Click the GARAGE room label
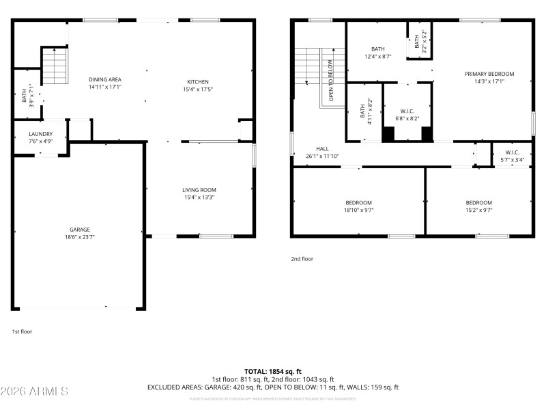click(x=79, y=230)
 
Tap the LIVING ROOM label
click(x=199, y=190)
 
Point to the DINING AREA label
click(x=104, y=80)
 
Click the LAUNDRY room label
click(x=41, y=134)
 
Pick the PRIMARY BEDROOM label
click(x=489, y=74)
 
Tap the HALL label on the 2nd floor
click(x=322, y=148)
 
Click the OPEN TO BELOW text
click(x=331, y=81)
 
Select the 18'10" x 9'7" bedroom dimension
click(x=358, y=210)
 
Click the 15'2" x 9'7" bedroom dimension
click(x=478, y=210)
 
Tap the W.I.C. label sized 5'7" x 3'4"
click(x=512, y=152)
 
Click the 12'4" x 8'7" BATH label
click(x=377, y=49)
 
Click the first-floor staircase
click(x=55, y=66)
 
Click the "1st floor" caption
click(x=22, y=331)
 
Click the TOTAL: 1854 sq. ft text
click(x=272, y=370)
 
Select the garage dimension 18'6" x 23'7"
click(x=79, y=238)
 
